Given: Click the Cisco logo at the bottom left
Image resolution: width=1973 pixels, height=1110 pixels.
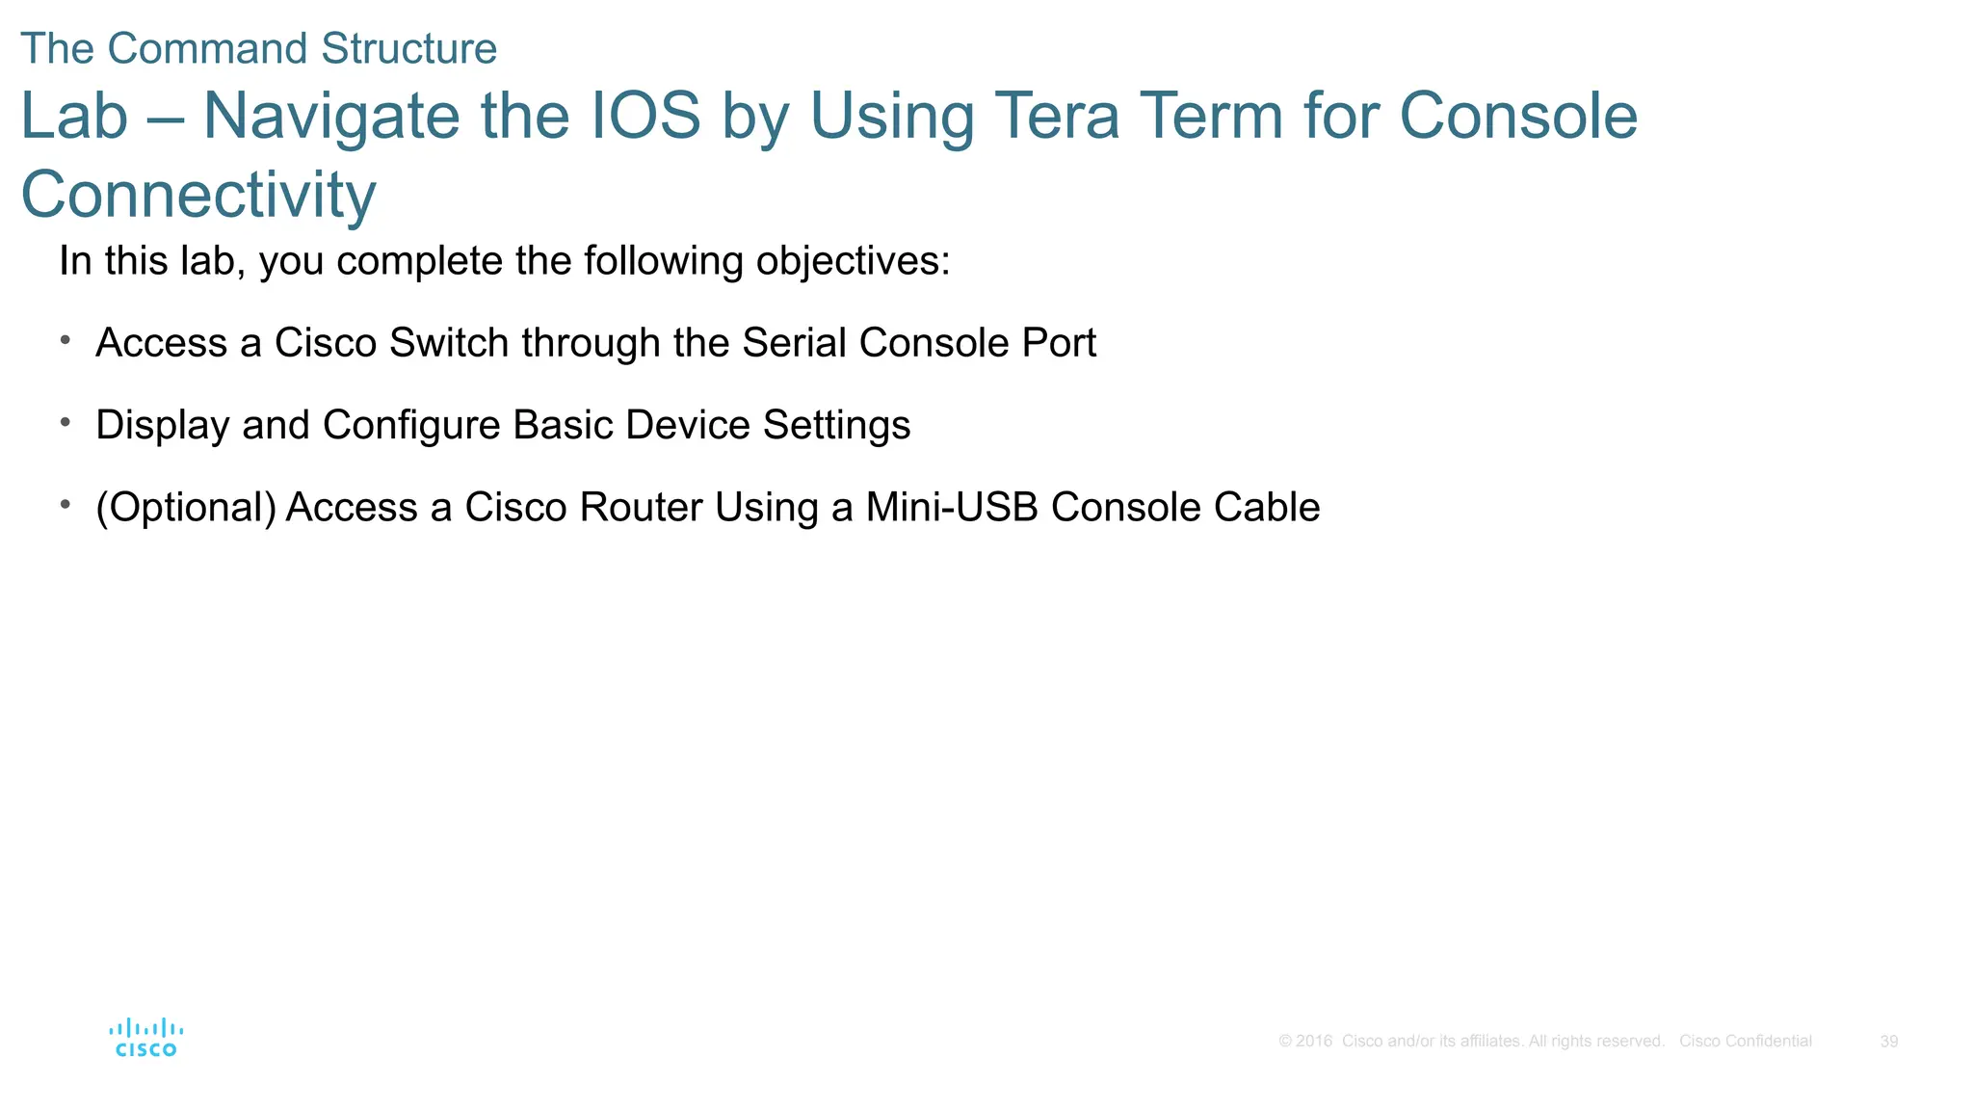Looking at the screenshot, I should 145,1038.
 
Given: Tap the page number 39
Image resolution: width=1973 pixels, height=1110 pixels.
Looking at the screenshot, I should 1888,1042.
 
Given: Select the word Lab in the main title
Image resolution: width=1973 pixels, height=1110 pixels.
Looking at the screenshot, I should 74,117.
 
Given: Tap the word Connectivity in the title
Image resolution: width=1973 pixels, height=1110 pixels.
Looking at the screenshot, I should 198,196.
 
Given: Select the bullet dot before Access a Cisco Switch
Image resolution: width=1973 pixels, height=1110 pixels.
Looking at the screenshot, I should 66,339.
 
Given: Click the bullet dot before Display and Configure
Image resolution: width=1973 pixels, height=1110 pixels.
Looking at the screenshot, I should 66,422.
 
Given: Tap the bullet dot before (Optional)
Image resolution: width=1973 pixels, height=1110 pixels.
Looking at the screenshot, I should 66,504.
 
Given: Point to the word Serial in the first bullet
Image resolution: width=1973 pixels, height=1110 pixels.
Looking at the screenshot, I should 795,344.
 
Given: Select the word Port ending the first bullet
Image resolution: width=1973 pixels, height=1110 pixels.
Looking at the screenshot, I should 1059,344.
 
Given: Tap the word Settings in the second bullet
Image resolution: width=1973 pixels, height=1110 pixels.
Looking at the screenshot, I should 836,426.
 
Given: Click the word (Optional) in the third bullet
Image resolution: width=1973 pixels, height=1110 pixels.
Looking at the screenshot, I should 186,509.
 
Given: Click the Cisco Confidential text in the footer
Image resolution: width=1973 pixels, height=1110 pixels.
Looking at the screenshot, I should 1745,1042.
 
